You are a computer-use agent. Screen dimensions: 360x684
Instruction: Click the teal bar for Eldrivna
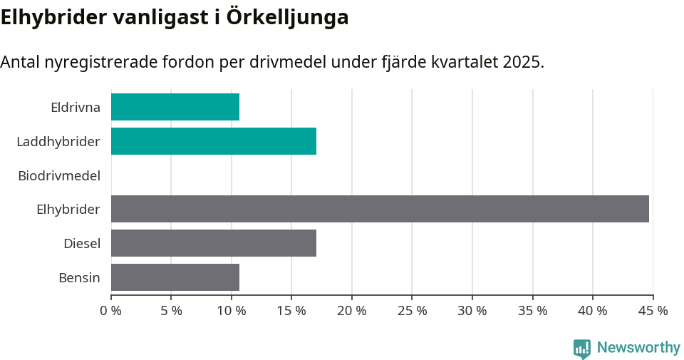pos(175,107)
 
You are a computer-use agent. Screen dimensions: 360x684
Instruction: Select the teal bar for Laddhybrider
pos(214,141)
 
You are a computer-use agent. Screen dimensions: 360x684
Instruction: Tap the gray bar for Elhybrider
pos(380,209)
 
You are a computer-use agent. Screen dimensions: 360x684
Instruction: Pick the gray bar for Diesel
pos(214,243)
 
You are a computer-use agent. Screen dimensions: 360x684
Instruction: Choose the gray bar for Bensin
pos(175,277)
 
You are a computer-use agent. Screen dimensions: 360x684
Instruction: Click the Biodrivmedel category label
pos(59,175)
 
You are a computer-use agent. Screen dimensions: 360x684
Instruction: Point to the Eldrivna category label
pos(76,108)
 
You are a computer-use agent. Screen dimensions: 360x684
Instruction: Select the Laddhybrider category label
pos(58,142)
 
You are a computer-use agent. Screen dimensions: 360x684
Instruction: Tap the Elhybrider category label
pos(68,210)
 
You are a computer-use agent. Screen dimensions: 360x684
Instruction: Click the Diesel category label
pos(82,244)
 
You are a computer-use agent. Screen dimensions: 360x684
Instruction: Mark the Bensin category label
pos(79,278)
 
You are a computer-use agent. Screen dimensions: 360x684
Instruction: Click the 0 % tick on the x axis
pos(111,311)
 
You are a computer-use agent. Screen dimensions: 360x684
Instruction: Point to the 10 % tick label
pos(232,311)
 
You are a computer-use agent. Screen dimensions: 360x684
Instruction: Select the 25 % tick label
pos(413,311)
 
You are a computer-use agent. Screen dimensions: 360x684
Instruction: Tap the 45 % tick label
pos(653,311)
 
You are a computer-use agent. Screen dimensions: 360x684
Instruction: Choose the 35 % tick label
pos(533,311)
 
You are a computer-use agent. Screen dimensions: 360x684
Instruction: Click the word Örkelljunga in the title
pos(288,17)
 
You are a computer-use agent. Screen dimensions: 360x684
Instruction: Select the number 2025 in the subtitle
pos(521,62)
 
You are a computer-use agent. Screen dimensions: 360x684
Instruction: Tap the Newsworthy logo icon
pos(582,348)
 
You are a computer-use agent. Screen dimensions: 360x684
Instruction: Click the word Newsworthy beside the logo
pos(638,348)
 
